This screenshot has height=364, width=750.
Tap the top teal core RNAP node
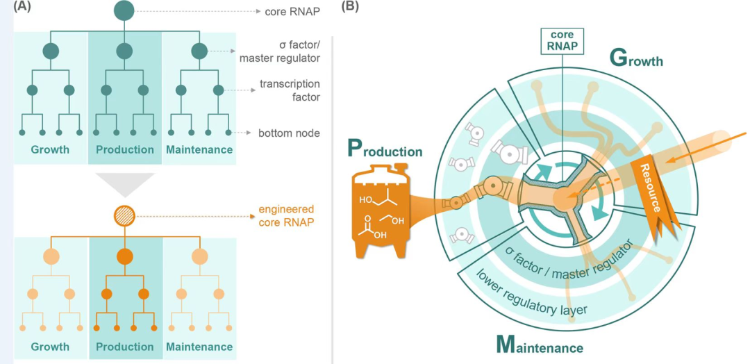coord(124,10)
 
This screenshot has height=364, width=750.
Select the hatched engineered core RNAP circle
coord(124,217)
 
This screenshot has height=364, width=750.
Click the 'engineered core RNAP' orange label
coord(286,215)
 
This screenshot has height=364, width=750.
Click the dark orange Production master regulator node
coord(124,256)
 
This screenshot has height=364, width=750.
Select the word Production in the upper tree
coord(125,149)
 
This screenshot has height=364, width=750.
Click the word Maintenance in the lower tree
coord(199,347)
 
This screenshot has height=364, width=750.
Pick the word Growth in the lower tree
coord(50,347)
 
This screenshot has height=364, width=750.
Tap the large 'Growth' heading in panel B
coord(635,59)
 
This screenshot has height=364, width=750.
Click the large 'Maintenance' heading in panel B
coord(539,344)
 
